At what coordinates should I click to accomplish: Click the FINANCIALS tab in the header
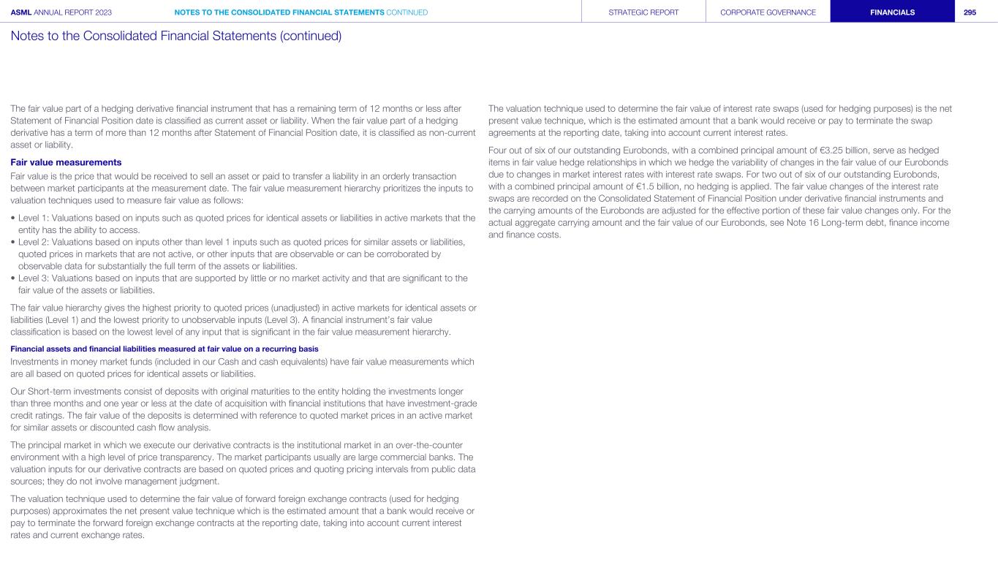[x=892, y=12]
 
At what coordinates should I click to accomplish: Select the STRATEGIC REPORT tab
[x=643, y=12]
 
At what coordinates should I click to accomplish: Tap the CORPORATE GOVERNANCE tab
[x=768, y=12]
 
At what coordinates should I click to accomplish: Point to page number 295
[x=970, y=12]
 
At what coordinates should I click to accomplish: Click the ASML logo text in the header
[x=21, y=12]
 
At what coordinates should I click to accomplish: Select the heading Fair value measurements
[x=66, y=162]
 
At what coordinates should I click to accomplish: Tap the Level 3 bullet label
[x=36, y=278]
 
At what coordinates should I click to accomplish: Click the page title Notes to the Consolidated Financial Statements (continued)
[x=176, y=35]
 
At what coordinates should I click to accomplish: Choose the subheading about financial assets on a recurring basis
[x=165, y=348]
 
